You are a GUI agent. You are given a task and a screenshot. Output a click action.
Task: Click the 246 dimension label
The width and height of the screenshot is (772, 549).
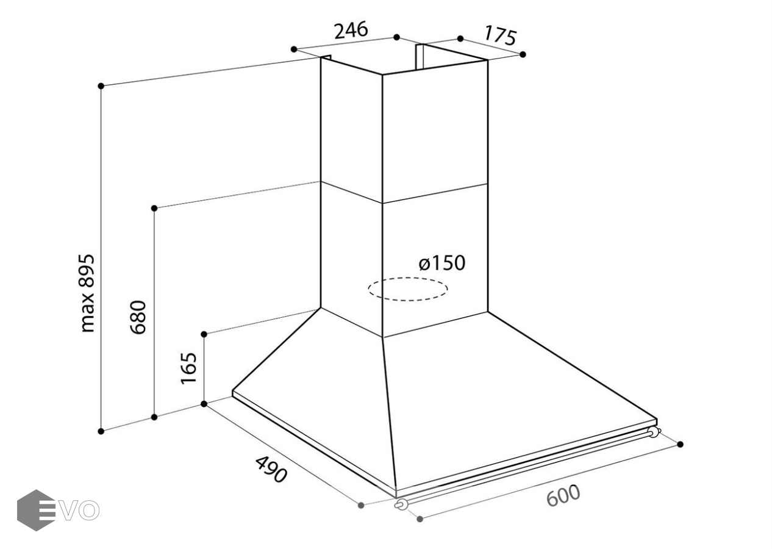tap(351, 30)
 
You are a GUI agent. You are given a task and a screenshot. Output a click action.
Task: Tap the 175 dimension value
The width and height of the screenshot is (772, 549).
tap(500, 36)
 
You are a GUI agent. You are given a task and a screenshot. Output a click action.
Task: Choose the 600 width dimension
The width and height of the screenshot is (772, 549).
tap(562, 495)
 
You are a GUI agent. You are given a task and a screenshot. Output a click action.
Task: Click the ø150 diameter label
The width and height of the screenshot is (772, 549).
tap(442, 263)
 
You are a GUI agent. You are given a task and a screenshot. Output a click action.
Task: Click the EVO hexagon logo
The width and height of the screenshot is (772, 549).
tap(37, 510)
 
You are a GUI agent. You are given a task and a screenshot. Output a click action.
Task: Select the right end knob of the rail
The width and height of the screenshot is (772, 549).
tap(654, 432)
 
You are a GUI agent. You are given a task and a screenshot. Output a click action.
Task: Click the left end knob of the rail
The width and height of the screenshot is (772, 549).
tap(401, 504)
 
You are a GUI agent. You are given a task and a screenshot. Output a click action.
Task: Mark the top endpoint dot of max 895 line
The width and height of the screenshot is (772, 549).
tap(102, 86)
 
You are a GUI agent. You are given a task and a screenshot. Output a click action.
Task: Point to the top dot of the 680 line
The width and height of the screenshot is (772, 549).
tap(154, 208)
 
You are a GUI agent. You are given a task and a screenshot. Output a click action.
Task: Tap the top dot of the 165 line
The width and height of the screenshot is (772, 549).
tap(204, 334)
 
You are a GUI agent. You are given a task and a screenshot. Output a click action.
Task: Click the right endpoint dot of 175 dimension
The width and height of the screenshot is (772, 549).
tap(523, 54)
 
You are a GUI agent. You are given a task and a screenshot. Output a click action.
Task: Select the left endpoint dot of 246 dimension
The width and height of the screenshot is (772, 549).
tap(294, 49)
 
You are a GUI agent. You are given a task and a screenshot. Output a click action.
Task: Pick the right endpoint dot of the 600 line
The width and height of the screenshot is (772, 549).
tap(680, 444)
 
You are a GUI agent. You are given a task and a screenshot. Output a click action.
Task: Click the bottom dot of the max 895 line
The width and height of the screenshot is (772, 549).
tap(102, 431)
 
